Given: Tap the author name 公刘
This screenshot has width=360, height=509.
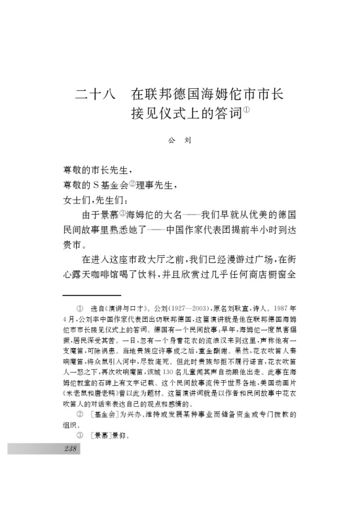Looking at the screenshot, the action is (x=179, y=139).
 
